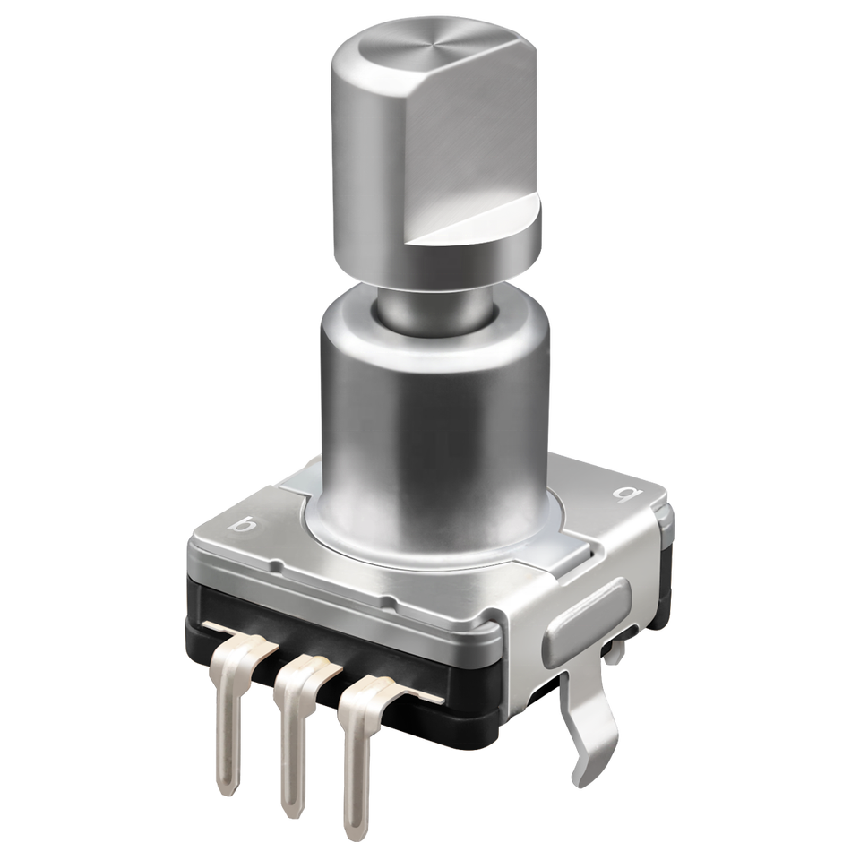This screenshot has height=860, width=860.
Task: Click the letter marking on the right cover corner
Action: pos(623,495)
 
